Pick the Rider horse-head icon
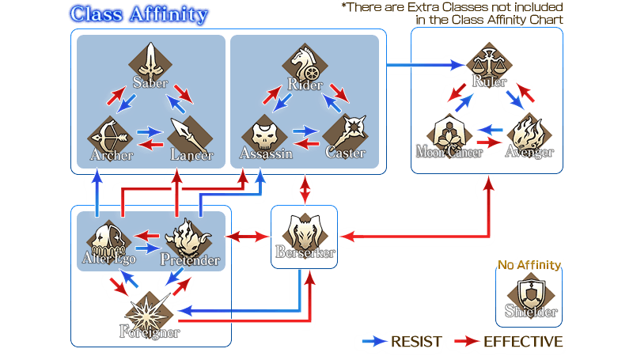pyautogui.click(x=304, y=58)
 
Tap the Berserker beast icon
pyautogui.click(x=305, y=230)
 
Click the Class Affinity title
pyautogui.click(x=139, y=14)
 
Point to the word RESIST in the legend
pyautogui.click(x=417, y=342)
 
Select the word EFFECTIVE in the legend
pyautogui.click(x=523, y=342)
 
